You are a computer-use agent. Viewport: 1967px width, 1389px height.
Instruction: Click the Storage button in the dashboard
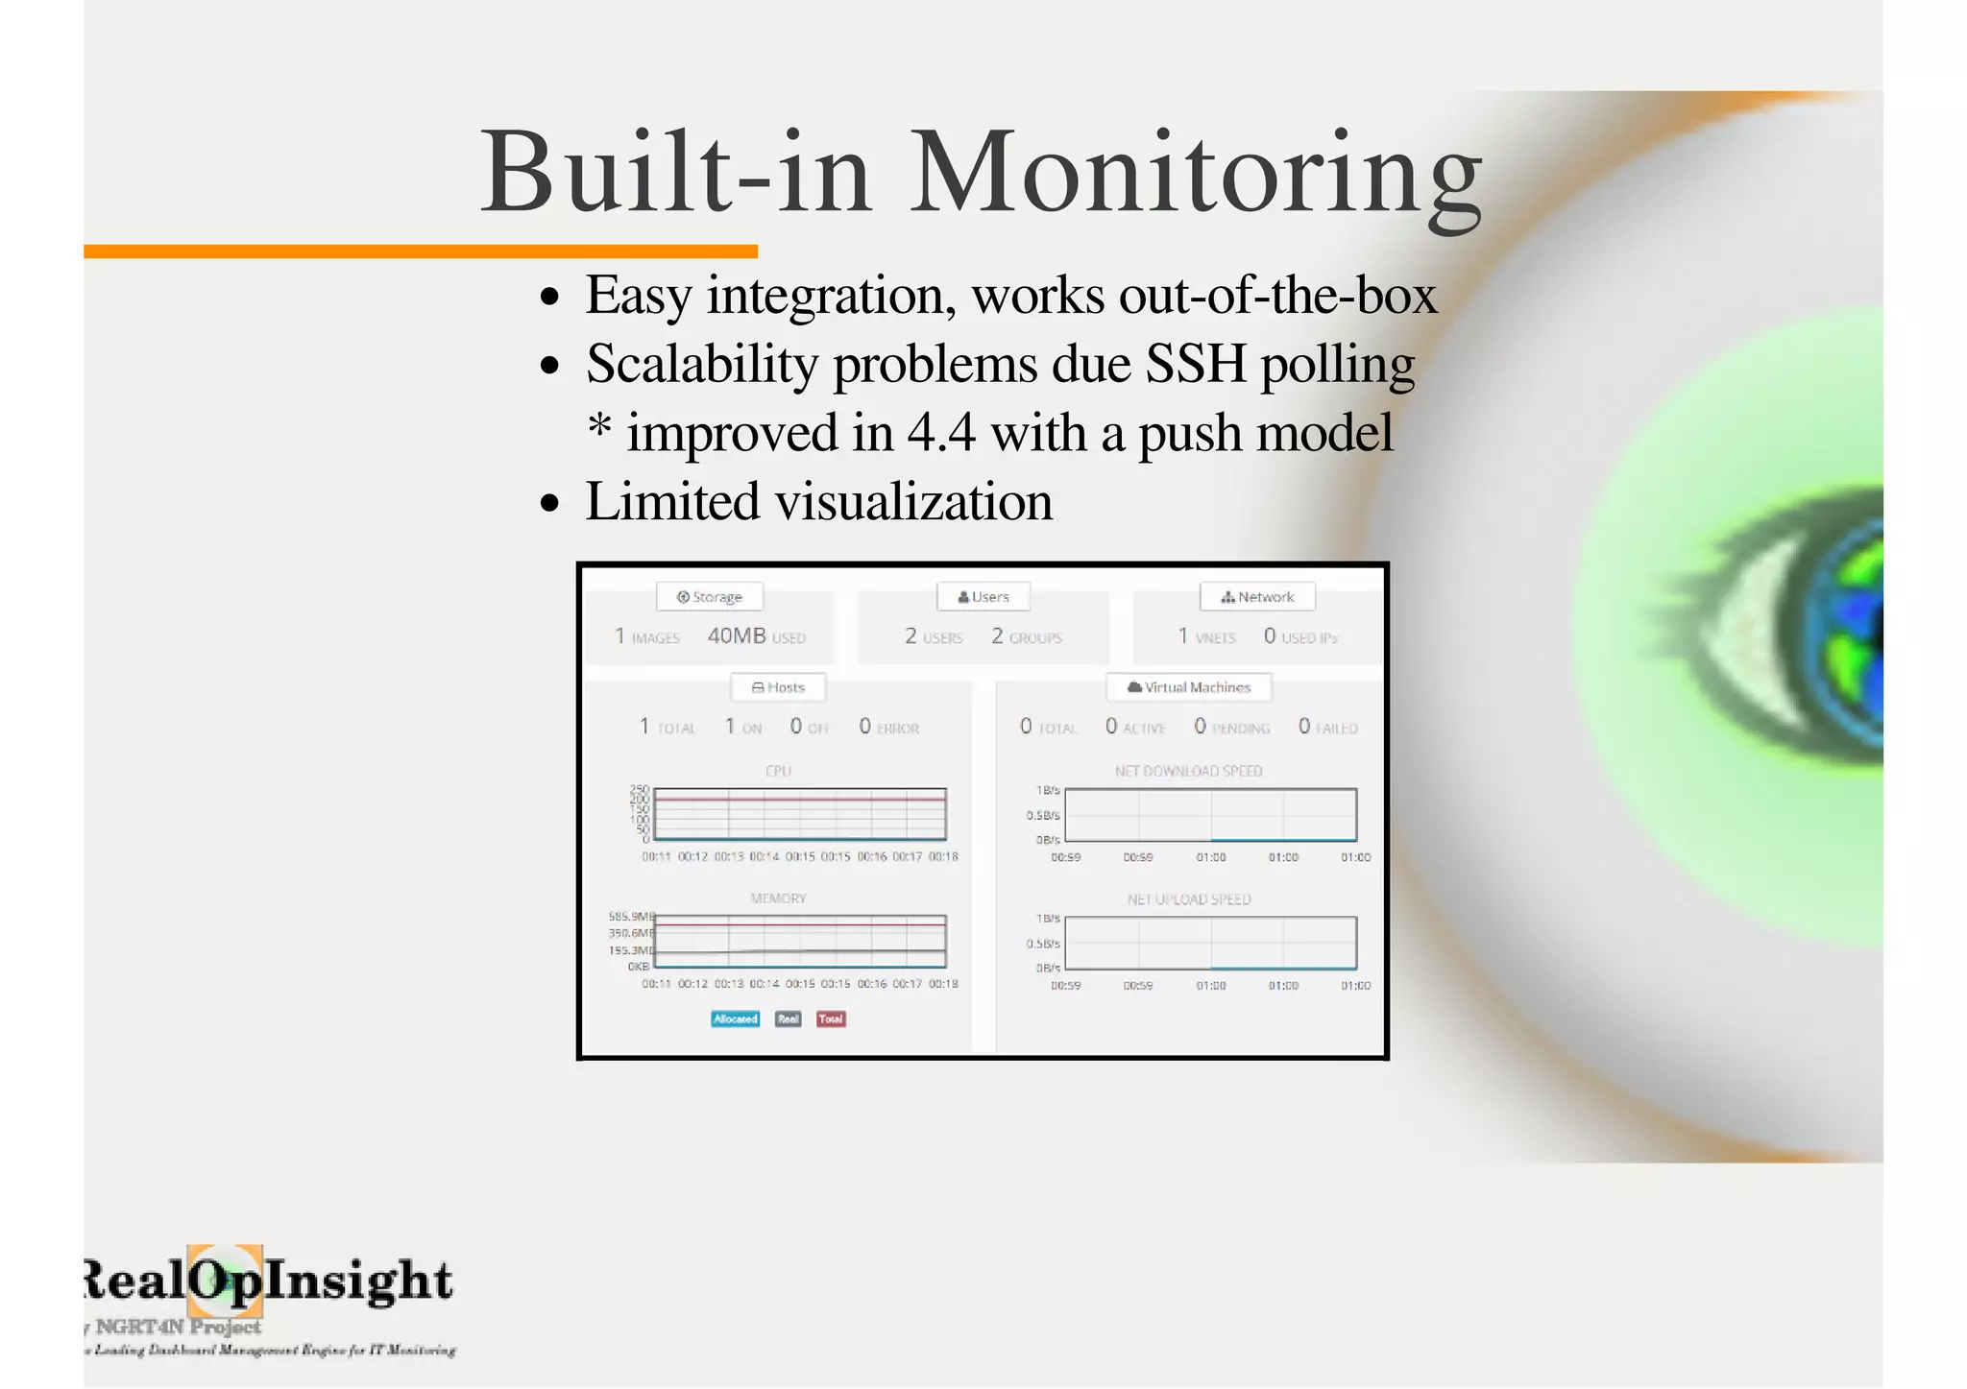(710, 597)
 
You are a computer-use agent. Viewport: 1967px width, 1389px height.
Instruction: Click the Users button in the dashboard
(983, 597)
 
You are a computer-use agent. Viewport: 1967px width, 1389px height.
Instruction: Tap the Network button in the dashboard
(1256, 597)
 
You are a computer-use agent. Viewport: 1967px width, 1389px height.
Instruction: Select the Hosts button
(778, 687)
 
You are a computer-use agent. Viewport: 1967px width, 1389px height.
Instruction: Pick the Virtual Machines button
(1188, 687)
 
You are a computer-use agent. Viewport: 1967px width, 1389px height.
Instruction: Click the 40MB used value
(737, 636)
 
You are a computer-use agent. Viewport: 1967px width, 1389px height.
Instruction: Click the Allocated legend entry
(735, 1019)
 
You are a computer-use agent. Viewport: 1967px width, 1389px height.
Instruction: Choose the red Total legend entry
(831, 1019)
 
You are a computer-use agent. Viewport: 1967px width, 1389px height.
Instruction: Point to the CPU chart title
(778, 771)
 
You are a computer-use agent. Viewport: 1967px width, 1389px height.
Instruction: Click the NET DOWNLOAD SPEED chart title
(1188, 771)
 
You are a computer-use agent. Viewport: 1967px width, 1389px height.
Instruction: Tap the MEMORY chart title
(778, 898)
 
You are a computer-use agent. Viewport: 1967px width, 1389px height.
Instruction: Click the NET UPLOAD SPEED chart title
(1188, 899)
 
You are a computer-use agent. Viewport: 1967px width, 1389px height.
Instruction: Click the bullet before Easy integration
(549, 297)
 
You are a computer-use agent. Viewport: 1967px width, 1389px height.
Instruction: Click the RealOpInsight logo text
(269, 1281)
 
